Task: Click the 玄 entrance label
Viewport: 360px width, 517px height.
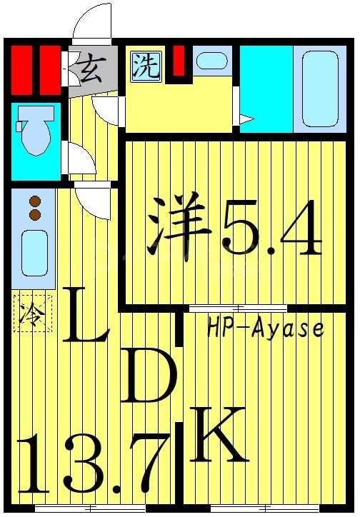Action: point(89,71)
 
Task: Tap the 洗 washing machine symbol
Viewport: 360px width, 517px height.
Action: point(145,66)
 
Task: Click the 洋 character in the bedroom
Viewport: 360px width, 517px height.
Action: point(178,226)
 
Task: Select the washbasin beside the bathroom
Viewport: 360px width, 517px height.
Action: point(211,60)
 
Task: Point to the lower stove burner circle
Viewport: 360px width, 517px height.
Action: point(33,213)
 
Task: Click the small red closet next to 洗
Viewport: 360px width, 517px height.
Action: point(180,60)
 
